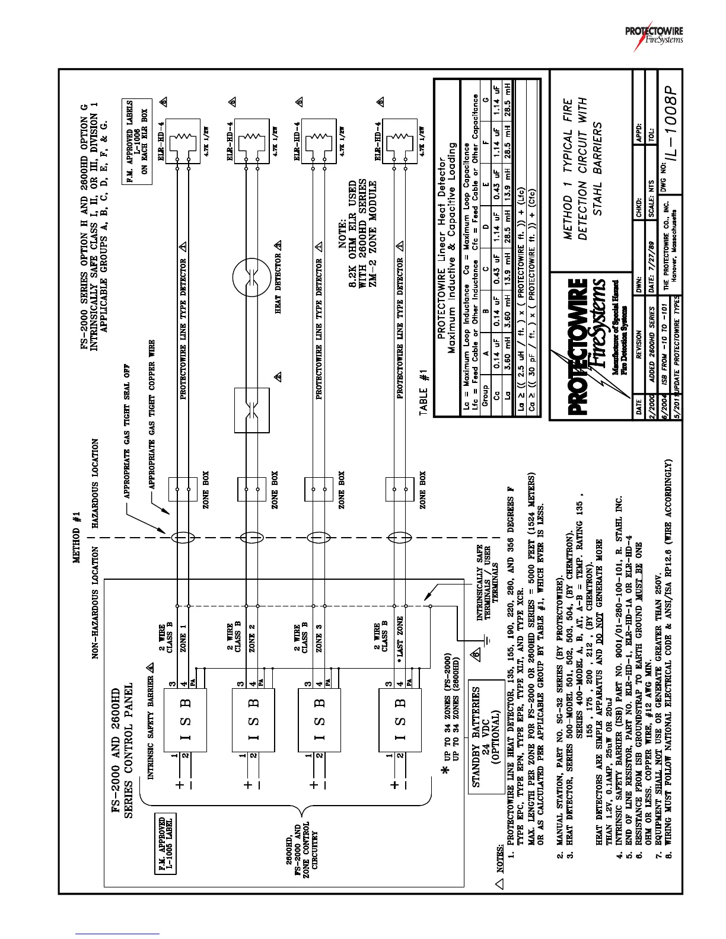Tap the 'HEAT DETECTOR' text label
point(278,283)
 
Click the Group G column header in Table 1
point(486,100)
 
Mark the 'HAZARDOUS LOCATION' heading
point(95,483)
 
